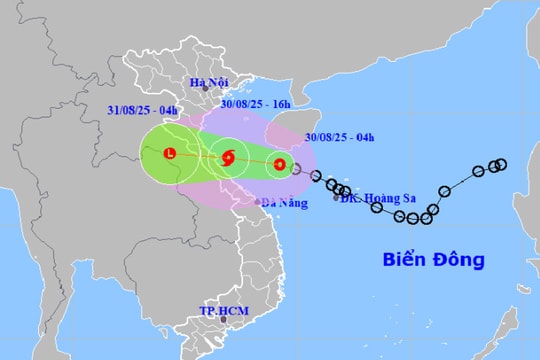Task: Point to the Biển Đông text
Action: pyautogui.click(x=434, y=260)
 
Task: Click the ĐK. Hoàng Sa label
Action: pyautogui.click(x=378, y=198)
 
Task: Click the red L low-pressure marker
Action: pyautogui.click(x=169, y=154)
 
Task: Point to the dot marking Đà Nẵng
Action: pyautogui.click(x=258, y=201)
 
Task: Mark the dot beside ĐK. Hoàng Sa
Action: pyautogui.click(x=335, y=198)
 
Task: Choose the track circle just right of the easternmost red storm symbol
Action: pyautogui.click(x=296, y=169)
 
